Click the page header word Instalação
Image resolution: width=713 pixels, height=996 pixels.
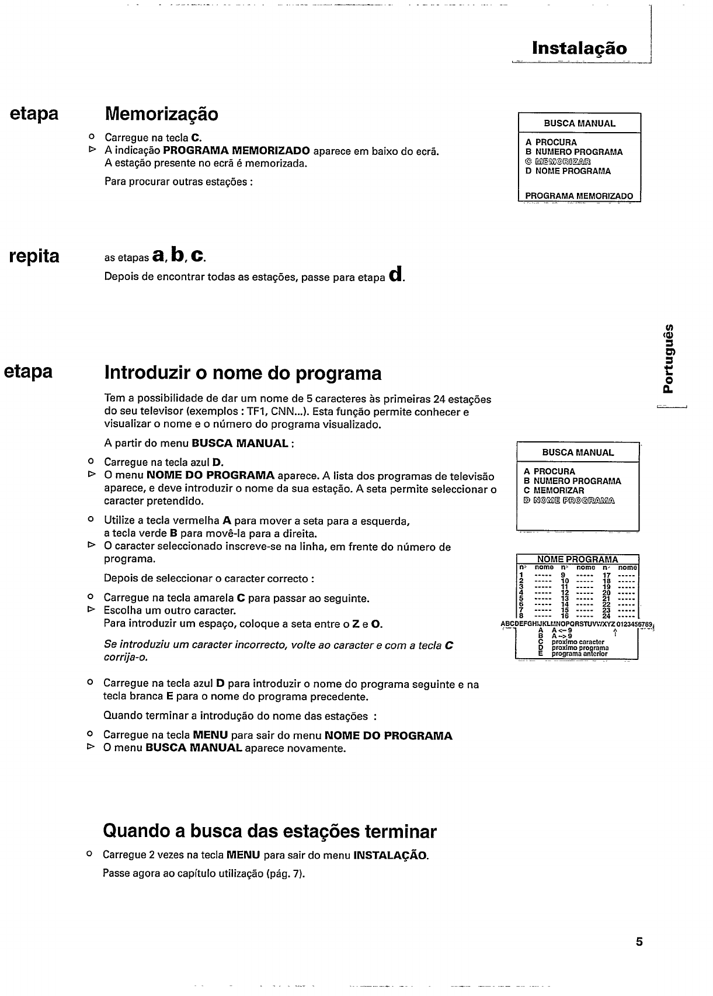pyautogui.click(x=579, y=48)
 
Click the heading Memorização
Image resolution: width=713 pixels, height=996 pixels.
pyautogui.click(x=161, y=113)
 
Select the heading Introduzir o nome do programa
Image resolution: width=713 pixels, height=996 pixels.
pyautogui.click(x=242, y=373)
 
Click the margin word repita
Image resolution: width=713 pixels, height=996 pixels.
pyautogui.click(x=35, y=255)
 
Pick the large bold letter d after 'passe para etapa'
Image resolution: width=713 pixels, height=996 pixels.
pyautogui.click(x=397, y=274)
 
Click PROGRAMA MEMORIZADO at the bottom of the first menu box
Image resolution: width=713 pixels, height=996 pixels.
pyautogui.click(x=579, y=196)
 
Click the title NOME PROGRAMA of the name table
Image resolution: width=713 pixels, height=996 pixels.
pyautogui.click(x=577, y=559)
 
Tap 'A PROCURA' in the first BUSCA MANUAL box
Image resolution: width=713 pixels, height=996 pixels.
pyautogui.click(x=551, y=142)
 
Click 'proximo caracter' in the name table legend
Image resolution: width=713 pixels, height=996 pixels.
pyautogui.click(x=578, y=642)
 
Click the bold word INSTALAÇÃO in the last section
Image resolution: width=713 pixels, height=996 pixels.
pyautogui.click(x=390, y=856)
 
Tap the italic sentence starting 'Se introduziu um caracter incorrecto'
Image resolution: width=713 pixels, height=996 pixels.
pyautogui.click(x=278, y=651)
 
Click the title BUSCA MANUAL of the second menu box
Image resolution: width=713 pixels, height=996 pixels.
pyautogui.click(x=578, y=452)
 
